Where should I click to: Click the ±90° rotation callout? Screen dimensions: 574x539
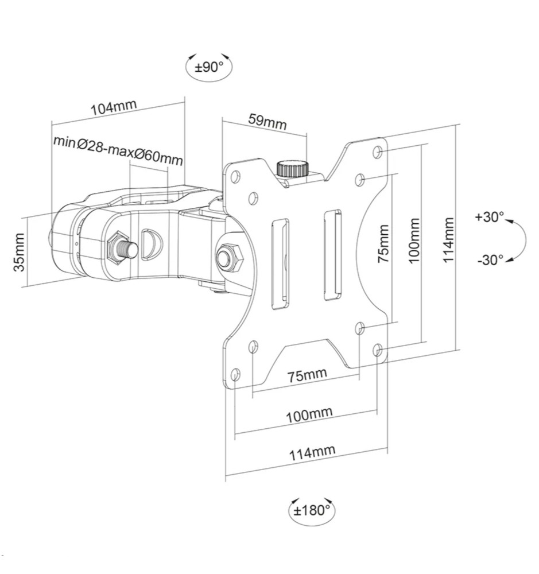(x=208, y=67)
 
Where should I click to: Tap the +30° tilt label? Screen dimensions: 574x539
(x=489, y=218)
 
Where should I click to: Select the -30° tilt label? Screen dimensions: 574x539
(x=490, y=259)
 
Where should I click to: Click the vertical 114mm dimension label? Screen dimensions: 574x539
(x=448, y=240)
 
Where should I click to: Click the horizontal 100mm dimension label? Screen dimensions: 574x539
(x=309, y=414)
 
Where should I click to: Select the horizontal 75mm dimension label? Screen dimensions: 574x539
(x=307, y=375)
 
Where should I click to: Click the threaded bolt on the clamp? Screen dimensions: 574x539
(x=122, y=249)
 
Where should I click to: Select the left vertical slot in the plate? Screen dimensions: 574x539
(x=281, y=263)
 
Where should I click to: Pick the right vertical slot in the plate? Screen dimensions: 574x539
(x=332, y=255)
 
